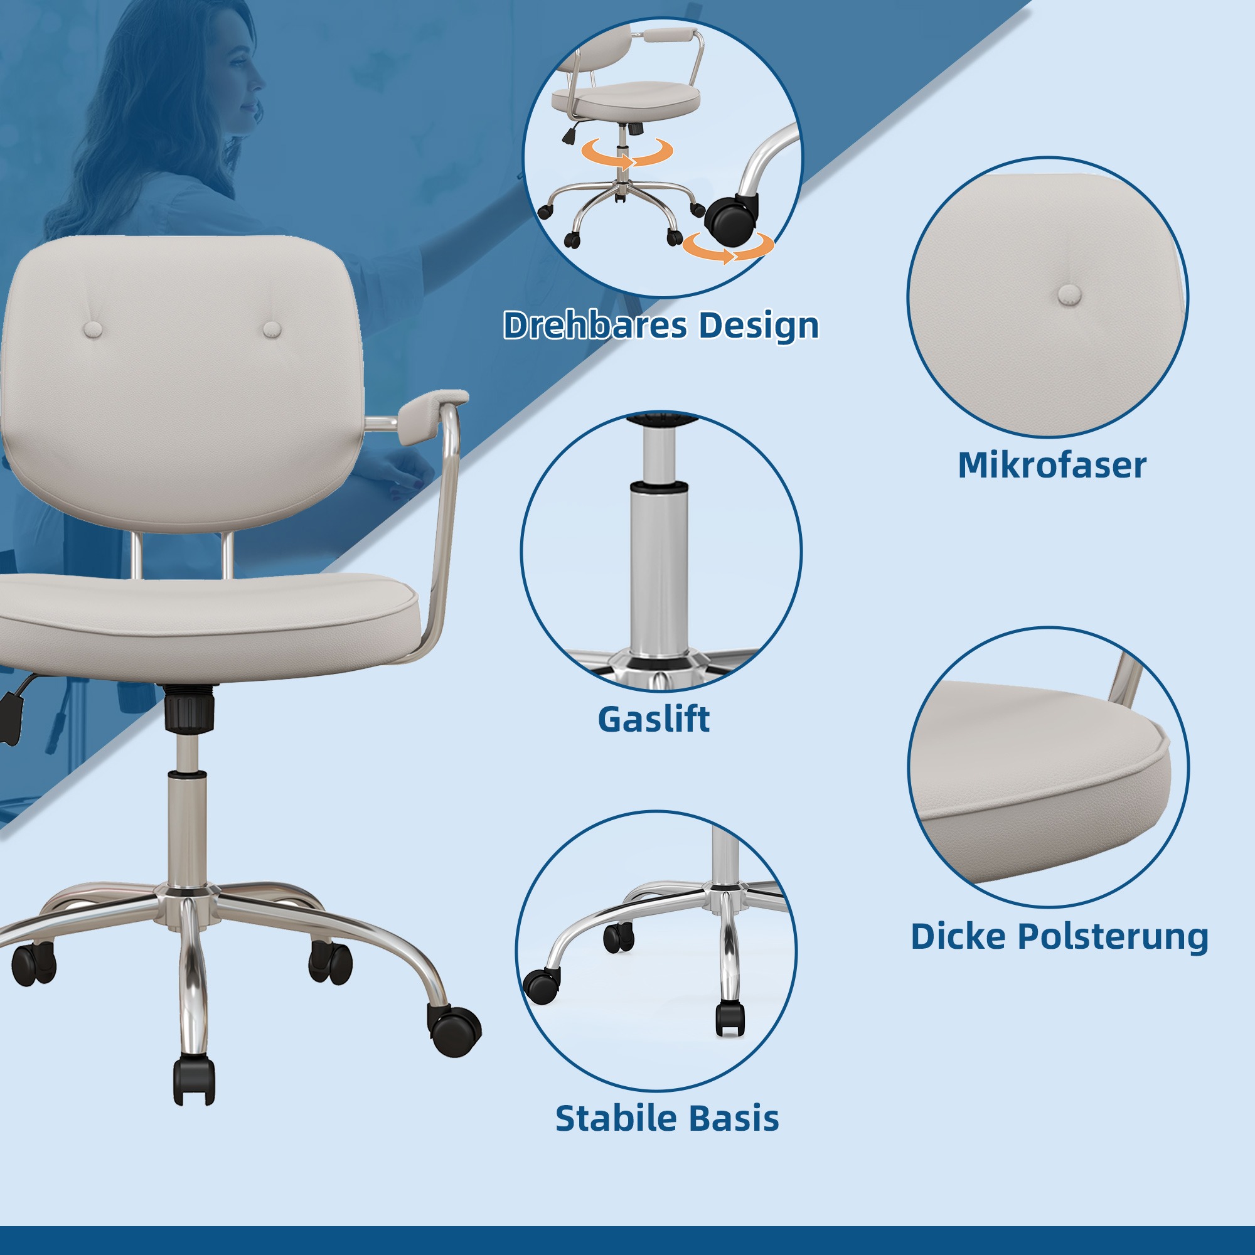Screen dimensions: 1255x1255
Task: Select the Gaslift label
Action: pyautogui.click(x=653, y=719)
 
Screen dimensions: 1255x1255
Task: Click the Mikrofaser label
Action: pyautogui.click(x=1052, y=465)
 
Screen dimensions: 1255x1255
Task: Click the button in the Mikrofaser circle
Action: pyautogui.click(x=1069, y=295)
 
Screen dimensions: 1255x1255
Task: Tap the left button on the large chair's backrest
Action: pyautogui.click(x=93, y=329)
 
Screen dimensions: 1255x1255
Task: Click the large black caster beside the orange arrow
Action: pyautogui.click(x=732, y=219)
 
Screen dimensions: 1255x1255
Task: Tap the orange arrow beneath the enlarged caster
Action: pyautogui.click(x=728, y=248)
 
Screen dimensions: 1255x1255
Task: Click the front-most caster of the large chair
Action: pyautogui.click(x=195, y=1081)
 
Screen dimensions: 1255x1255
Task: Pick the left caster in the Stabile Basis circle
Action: pyautogui.click(x=542, y=986)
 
